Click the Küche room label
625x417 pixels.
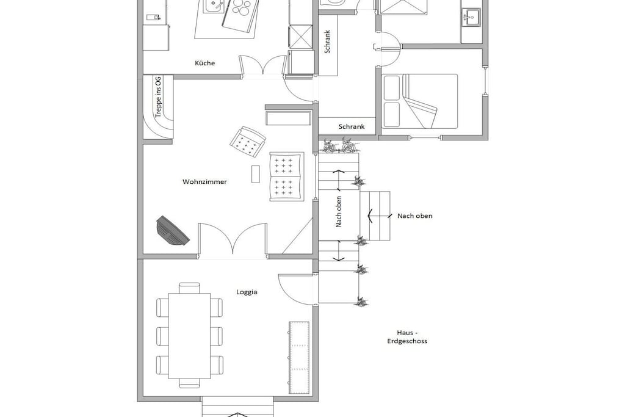pos(205,63)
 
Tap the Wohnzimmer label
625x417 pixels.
pos(204,182)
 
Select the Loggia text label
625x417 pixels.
pos(247,292)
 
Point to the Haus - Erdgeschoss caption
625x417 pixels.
pos(407,337)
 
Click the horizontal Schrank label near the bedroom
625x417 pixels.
pos(351,127)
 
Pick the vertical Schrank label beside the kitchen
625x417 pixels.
pos(327,42)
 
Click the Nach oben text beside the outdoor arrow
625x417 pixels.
pos(414,216)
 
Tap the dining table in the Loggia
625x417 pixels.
pos(189,336)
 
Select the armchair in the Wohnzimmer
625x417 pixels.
pos(248,141)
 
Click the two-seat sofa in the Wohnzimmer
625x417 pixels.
pos(287,176)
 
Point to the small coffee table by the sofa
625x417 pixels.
pos(256,174)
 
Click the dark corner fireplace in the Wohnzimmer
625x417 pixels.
pos(173,231)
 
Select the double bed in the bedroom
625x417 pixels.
pos(420,101)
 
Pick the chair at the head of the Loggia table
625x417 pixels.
pos(189,288)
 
